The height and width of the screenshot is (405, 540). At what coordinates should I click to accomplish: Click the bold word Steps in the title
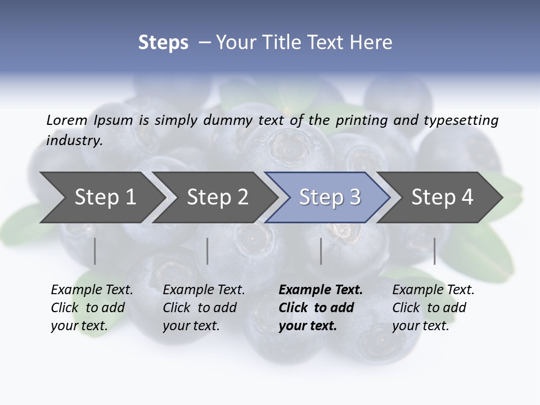tap(163, 43)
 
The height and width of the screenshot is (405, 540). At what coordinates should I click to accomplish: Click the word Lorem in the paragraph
tap(67, 120)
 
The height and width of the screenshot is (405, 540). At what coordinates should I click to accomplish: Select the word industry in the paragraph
tap(74, 141)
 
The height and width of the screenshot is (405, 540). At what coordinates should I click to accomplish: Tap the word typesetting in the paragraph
tap(461, 120)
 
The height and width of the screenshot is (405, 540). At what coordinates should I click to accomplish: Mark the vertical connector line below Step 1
tap(95, 251)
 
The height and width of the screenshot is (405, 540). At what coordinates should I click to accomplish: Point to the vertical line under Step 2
tap(208, 251)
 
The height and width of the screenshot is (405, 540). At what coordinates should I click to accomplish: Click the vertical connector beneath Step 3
tap(321, 251)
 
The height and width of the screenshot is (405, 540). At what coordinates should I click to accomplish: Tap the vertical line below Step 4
tap(435, 251)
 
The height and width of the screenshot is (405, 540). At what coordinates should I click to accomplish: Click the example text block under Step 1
tap(91, 308)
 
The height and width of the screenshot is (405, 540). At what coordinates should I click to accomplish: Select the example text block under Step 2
tap(203, 308)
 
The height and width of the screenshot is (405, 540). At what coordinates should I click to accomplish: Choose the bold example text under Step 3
tap(320, 308)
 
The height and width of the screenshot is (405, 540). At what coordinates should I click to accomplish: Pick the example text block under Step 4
tap(433, 308)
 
